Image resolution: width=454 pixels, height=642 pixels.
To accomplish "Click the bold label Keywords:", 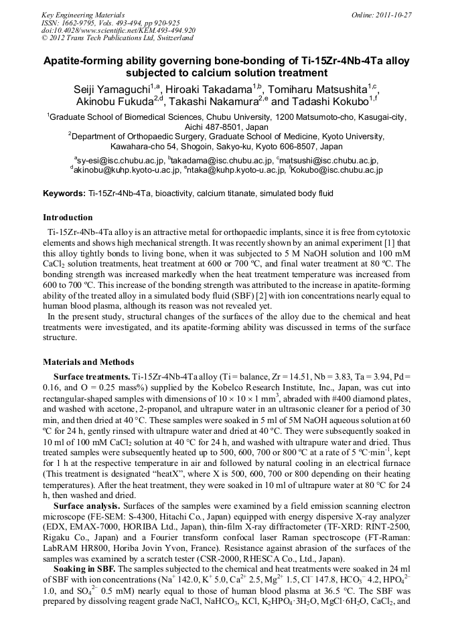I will point(64,193).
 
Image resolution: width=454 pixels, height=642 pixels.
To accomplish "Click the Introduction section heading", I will point(68,218).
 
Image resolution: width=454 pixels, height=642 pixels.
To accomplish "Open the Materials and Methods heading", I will point(88,362).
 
